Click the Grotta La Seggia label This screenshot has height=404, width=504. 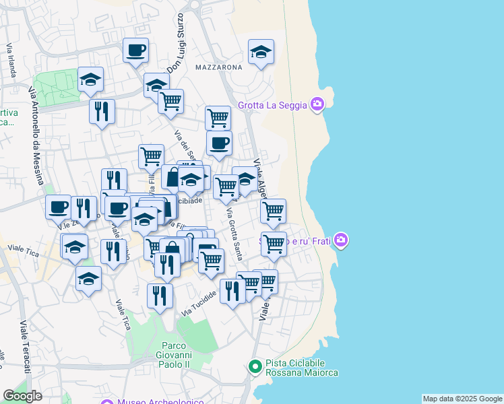(272, 105)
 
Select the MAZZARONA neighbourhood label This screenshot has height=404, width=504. (218, 68)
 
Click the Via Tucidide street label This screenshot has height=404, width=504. (199, 305)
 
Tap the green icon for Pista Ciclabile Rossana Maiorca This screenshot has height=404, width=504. (255, 367)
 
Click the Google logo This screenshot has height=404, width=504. (22, 397)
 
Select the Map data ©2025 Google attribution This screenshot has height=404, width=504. (462, 399)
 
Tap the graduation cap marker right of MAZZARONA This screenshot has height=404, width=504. (261, 53)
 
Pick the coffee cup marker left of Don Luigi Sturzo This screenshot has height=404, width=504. (135, 50)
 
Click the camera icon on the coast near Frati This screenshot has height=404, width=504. (341, 240)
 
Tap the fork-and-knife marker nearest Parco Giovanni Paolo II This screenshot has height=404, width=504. (160, 296)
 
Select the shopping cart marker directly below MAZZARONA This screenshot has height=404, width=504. (218, 118)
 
